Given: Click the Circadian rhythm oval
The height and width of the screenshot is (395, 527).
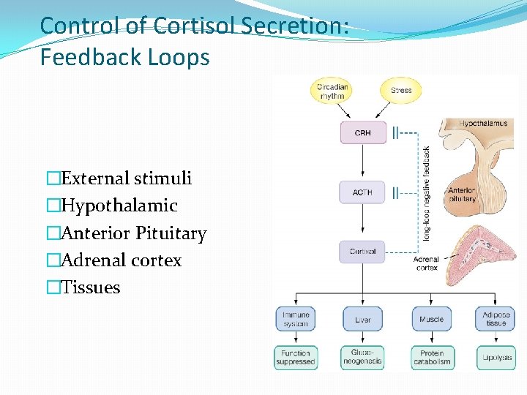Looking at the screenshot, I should (332, 91).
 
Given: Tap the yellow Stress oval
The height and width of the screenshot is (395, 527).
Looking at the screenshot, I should (400, 91).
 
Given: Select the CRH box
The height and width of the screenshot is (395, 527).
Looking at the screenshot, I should (362, 133).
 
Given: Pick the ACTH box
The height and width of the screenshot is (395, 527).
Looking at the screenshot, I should (362, 192).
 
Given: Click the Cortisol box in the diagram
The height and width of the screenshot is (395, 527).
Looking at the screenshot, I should (362, 252).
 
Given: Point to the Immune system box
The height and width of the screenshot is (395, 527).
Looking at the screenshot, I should (295, 319).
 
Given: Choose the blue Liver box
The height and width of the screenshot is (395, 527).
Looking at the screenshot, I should (362, 319).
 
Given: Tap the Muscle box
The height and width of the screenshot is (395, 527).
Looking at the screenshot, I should (431, 319).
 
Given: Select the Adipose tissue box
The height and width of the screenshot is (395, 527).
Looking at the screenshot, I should (496, 319).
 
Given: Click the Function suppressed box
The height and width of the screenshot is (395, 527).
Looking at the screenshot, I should (295, 357).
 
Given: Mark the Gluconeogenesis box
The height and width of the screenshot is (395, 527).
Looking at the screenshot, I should (362, 357).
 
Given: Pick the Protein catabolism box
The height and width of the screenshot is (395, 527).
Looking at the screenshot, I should (431, 357).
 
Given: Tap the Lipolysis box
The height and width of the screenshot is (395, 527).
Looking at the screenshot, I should (497, 357).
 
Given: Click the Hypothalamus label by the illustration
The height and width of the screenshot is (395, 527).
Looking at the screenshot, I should (482, 124).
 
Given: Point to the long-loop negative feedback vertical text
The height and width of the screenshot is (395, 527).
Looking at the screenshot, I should (427, 194).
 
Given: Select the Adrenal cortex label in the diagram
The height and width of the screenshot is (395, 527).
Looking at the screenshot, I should (426, 263).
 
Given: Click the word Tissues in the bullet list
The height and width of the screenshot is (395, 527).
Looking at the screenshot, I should (91, 287).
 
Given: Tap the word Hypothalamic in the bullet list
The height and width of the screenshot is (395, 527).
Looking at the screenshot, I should (119, 206).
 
